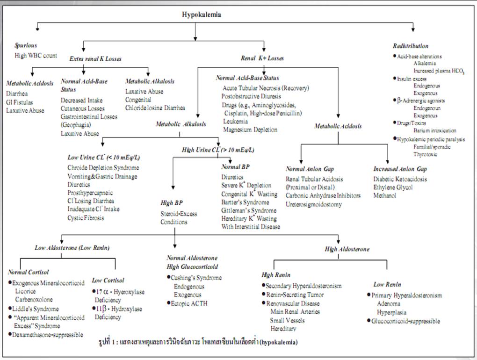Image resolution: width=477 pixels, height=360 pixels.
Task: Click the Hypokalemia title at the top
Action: pyautogui.click(x=202, y=14)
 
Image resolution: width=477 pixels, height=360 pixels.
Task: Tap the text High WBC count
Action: pyautogui.click(x=36, y=56)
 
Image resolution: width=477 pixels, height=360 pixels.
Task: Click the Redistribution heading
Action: pyautogui.click(x=411, y=46)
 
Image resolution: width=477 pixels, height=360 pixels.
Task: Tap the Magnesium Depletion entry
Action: pyautogui.click(x=250, y=130)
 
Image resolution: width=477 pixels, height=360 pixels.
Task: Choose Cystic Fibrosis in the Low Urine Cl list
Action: pyautogui.click(x=86, y=218)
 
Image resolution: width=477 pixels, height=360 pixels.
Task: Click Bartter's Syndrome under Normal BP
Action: pyautogui.click(x=245, y=202)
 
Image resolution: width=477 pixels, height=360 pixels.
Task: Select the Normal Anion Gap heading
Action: pyautogui.click(x=309, y=168)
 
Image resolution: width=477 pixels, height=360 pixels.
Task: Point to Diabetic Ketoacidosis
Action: pyautogui.click(x=400, y=179)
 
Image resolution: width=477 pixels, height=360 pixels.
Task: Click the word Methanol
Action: pyautogui.click(x=384, y=196)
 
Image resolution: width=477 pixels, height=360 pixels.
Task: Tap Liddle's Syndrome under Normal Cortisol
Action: pyautogui.click(x=36, y=309)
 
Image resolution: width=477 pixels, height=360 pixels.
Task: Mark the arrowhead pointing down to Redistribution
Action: pyautogui.click(x=412, y=30)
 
